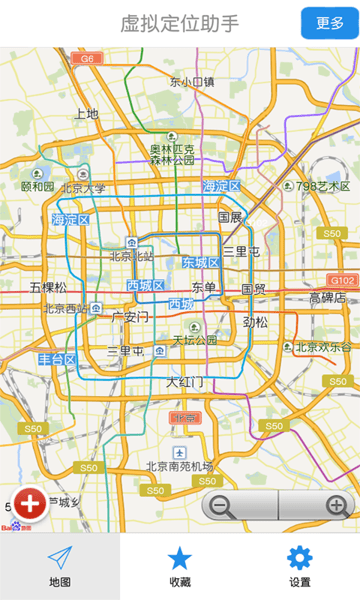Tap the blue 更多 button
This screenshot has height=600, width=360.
(329, 23)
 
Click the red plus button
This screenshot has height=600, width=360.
(30, 502)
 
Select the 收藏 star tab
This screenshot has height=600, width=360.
(180, 566)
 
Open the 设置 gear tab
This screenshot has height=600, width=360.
(299, 566)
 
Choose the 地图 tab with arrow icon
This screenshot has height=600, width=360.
(60, 566)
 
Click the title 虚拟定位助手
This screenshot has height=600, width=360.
(180, 23)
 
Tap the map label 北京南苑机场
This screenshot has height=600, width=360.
(180, 465)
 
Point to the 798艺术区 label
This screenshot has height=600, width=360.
(322, 186)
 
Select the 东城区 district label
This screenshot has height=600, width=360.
(200, 263)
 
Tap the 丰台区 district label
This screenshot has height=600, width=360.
(57, 359)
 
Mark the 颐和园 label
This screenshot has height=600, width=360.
(38, 186)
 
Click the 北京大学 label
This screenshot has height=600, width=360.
(83, 187)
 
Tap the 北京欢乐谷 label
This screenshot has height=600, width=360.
(323, 348)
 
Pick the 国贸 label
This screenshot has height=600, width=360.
(253, 289)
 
